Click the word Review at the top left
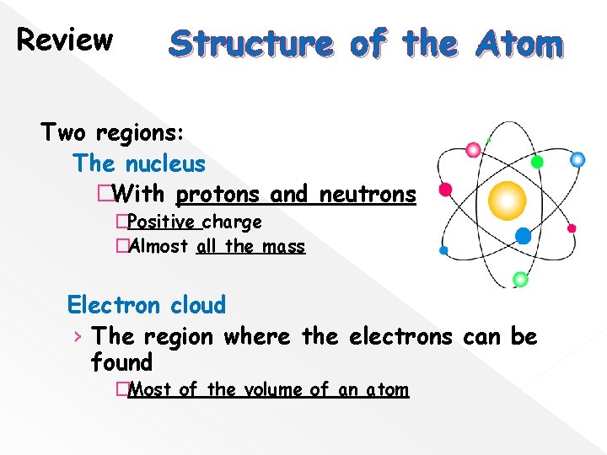65,39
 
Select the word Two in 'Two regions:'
64,132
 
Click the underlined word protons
219,195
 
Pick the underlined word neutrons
368,195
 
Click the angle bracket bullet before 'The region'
78,337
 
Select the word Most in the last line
151,390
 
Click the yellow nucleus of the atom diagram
508,200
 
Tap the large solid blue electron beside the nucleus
523,237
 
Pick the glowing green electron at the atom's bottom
520,279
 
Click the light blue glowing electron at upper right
577,158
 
